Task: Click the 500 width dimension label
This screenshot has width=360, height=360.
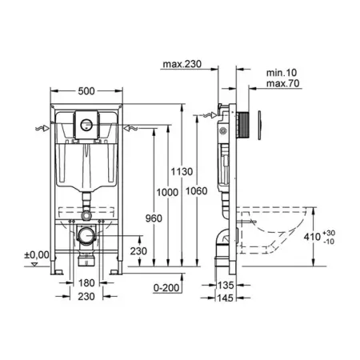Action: (86, 91)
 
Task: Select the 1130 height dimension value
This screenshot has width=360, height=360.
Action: (182, 171)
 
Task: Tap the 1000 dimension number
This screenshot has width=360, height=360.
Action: (167, 192)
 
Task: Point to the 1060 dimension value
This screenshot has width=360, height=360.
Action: (197, 191)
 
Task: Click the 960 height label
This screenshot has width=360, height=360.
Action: (154, 218)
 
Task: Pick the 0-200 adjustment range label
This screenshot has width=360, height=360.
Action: (166, 288)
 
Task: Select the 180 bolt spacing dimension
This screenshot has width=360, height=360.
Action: (86, 283)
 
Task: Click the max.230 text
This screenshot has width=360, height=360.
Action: (182, 64)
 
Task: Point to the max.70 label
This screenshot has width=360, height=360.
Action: (283, 83)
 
